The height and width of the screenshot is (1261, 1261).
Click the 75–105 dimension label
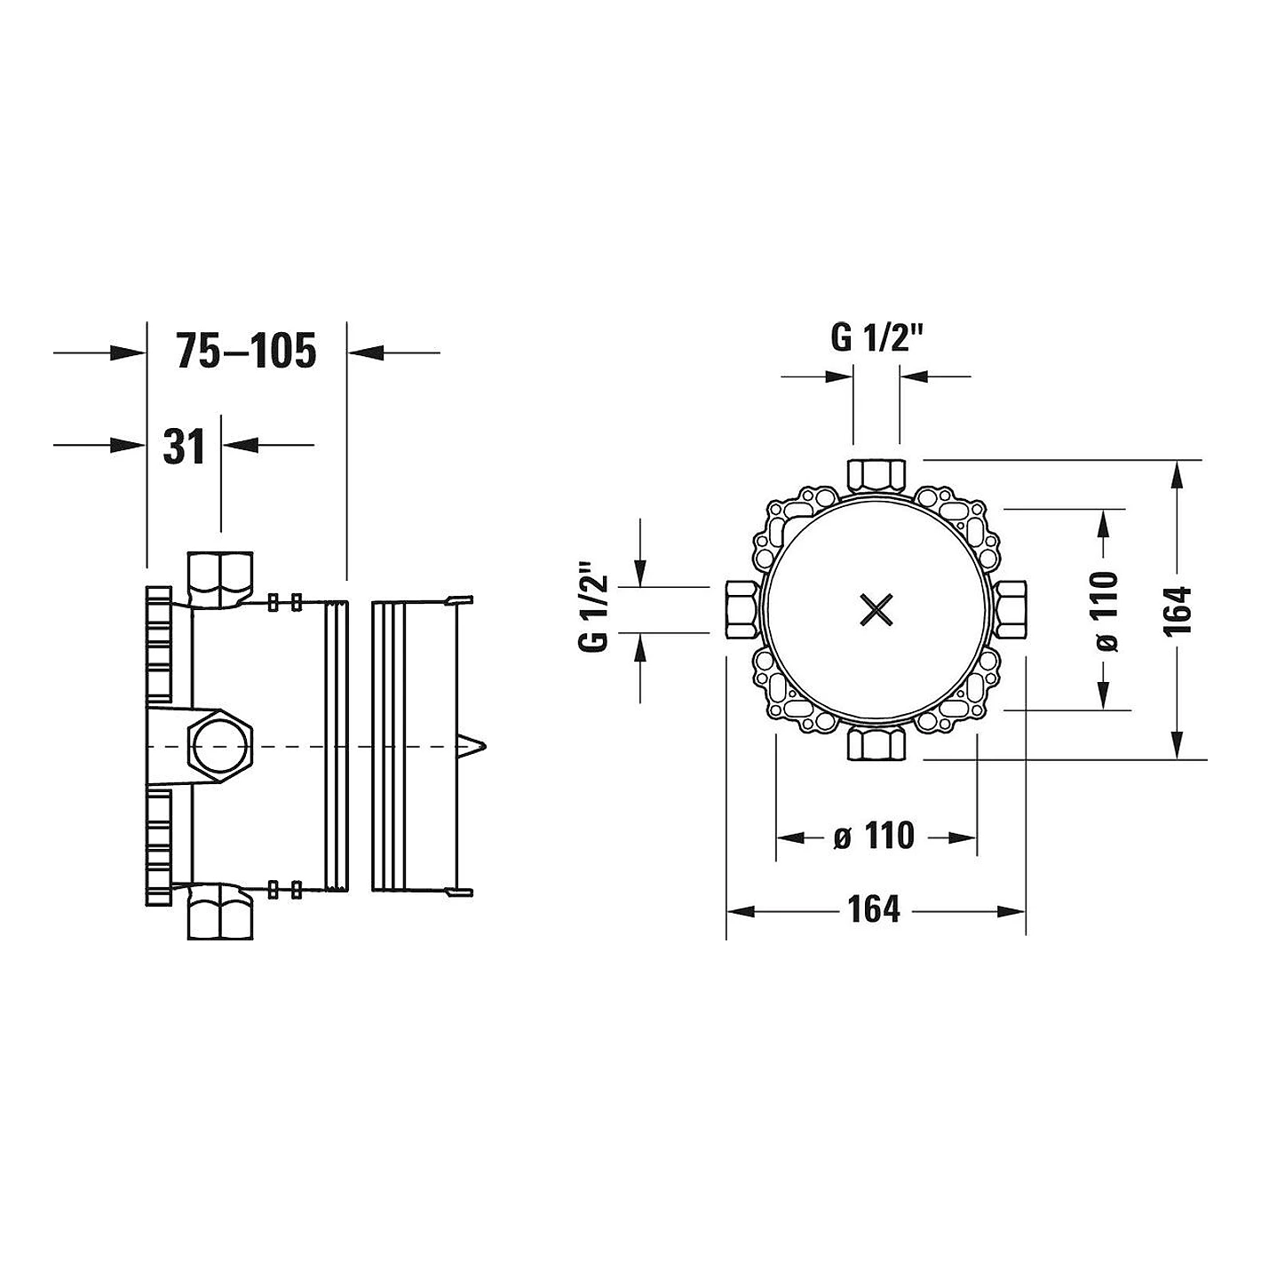pos(246,351)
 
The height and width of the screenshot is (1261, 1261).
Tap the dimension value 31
pos(184,447)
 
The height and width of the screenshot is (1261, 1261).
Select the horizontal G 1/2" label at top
pos(876,338)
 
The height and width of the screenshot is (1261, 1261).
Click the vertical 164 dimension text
pos(1178,611)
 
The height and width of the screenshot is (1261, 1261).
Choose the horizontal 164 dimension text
pos(874,909)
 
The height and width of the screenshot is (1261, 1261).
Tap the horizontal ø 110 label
pos(874,836)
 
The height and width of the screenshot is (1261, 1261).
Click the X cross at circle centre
pos(876,611)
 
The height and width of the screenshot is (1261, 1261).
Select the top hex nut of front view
pos(876,476)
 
